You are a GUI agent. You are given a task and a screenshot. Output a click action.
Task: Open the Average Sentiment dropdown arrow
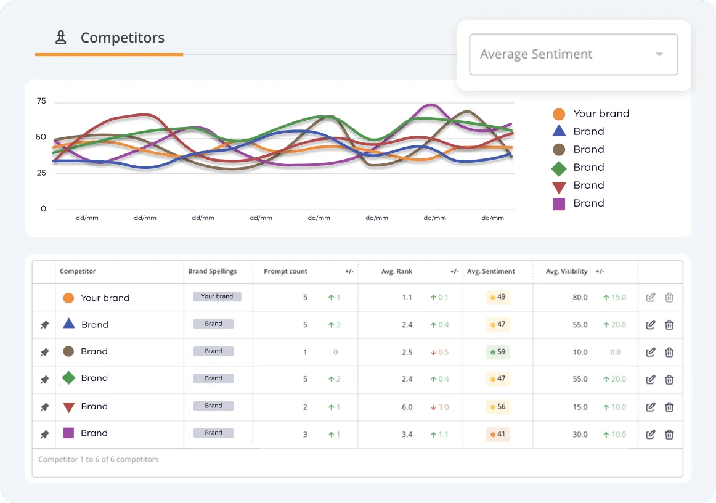tap(659, 54)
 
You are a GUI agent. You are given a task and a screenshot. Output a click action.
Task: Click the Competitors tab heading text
tap(122, 38)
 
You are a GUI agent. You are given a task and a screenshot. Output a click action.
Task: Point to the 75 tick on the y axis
tap(41, 101)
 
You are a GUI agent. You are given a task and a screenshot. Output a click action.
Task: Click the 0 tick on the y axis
tap(43, 209)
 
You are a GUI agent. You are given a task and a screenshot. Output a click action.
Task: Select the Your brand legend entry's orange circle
tap(559, 114)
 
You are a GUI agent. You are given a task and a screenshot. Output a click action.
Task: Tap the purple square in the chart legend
tap(559, 203)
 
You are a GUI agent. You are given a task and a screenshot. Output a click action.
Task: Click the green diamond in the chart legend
tap(559, 168)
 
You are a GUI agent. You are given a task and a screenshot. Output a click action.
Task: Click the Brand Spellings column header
tap(212, 271)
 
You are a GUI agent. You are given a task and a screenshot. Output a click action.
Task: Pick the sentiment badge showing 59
tap(498, 352)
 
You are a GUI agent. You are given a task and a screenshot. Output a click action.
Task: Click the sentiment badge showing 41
tap(498, 434)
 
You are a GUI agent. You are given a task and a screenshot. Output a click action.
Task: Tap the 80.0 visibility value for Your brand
tap(580, 298)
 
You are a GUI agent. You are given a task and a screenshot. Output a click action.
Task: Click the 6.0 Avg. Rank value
tap(407, 407)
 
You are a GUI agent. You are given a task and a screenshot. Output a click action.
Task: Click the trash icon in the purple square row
tap(669, 434)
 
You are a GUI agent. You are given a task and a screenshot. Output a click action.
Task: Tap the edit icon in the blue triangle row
tap(650, 325)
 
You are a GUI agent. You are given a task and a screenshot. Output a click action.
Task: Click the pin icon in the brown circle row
tap(44, 352)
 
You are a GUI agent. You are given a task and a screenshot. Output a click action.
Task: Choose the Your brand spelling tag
tap(217, 296)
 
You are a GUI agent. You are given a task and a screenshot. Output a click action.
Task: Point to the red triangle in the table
tap(69, 407)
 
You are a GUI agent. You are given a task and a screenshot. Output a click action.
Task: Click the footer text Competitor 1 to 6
tap(98, 459)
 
